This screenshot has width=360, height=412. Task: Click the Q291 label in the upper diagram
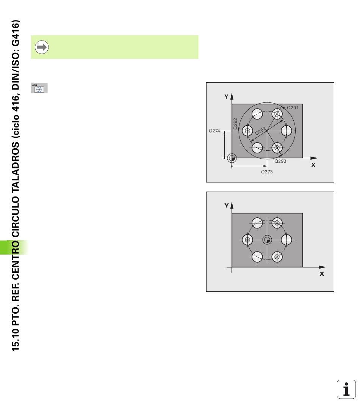(292, 107)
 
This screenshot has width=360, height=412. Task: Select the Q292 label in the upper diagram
(235, 124)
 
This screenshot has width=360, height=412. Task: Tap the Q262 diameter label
(261, 131)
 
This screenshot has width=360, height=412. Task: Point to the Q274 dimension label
(214, 131)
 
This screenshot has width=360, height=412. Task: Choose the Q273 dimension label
(267, 171)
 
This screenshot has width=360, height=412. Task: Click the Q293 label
(280, 161)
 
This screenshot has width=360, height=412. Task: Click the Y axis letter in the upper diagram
(227, 97)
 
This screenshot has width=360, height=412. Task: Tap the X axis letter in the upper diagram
(313, 165)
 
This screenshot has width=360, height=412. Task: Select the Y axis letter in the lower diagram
(227, 206)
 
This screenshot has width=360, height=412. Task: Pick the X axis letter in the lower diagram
(322, 274)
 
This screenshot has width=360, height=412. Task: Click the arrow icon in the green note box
(42, 47)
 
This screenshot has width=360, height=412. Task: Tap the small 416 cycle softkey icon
(39, 88)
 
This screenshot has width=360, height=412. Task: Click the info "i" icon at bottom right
(346, 389)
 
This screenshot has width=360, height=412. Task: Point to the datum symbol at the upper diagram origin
(232, 158)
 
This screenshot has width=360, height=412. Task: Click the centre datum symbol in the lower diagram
(267, 240)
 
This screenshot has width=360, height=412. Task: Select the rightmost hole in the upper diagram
(286, 131)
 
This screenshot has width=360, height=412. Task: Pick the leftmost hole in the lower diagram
(247, 240)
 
